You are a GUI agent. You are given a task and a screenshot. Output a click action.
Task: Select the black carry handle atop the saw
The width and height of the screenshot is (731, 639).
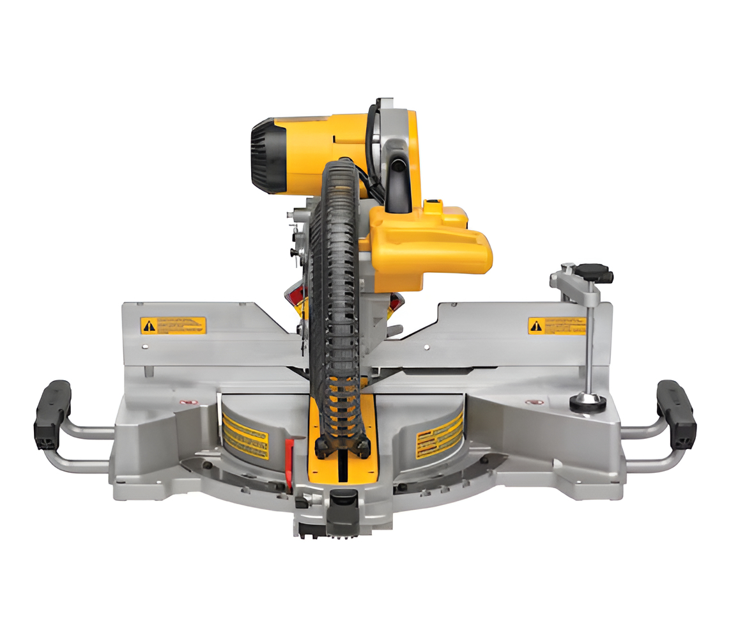pyautogui.click(x=397, y=185)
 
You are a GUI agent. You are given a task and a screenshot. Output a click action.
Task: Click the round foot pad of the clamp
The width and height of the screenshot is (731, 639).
pyautogui.click(x=587, y=402)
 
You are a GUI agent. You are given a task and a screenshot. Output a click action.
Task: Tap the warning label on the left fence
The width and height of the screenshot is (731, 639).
pyautogui.click(x=173, y=325)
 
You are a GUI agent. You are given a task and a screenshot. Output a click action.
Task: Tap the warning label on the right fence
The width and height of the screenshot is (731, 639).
pyautogui.click(x=556, y=326)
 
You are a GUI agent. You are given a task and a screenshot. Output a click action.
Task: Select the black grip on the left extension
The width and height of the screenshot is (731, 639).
pyautogui.click(x=52, y=415)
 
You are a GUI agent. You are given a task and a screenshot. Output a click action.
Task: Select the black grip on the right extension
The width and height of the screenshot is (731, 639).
pyautogui.click(x=676, y=415)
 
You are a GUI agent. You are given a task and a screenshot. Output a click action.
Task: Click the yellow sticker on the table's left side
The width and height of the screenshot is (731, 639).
pyautogui.click(x=245, y=434)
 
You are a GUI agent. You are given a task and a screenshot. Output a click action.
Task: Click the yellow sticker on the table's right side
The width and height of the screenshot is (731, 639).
pyautogui.click(x=439, y=434)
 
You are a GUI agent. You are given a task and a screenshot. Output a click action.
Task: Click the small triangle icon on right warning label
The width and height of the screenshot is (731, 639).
pyautogui.click(x=536, y=326)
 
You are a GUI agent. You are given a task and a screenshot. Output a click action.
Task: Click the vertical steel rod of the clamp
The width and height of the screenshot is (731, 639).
pyautogui.click(x=588, y=345)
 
